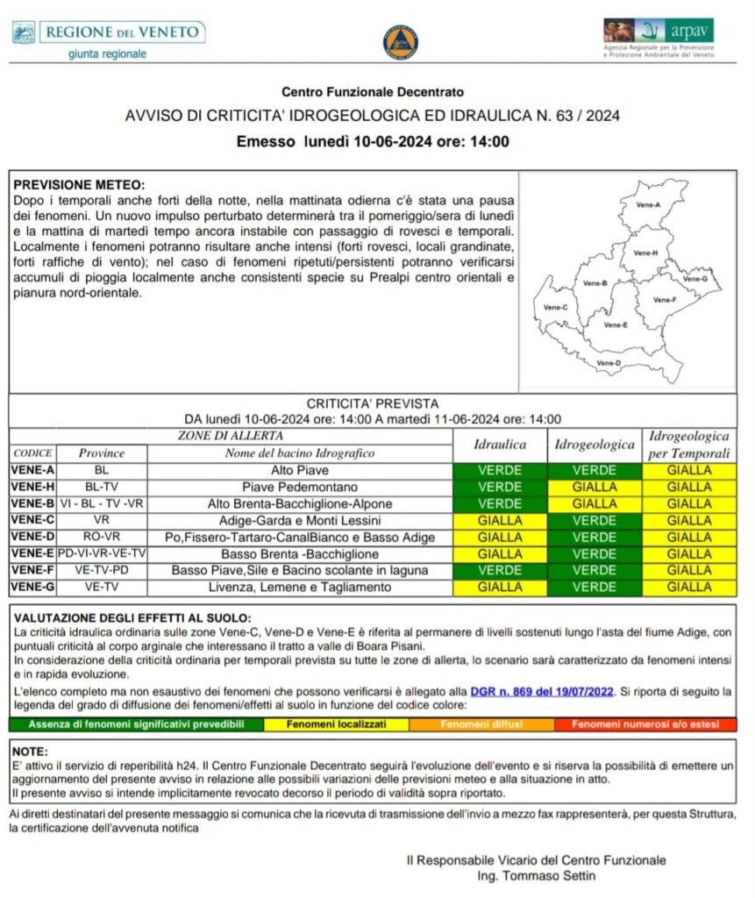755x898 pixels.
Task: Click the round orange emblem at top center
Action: point(400,41)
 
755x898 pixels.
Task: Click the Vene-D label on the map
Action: point(609,362)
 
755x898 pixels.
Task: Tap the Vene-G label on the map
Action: point(694,279)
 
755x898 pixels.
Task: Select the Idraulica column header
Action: point(500,445)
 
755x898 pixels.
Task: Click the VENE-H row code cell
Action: point(33,487)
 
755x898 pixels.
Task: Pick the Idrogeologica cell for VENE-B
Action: point(595,503)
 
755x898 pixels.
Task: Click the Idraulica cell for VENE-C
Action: point(500,520)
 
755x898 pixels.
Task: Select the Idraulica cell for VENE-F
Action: point(500,570)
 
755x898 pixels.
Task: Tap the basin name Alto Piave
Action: point(299,470)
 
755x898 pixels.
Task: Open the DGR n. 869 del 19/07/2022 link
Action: point(542,691)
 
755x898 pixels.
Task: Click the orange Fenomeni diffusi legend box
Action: point(481,724)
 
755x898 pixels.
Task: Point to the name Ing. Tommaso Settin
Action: point(537,876)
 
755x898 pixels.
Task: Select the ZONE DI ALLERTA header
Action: point(231,436)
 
